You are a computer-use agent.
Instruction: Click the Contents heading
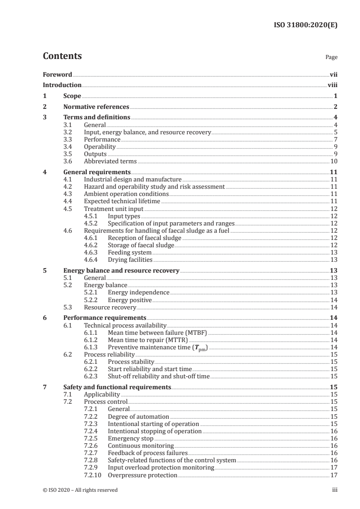62,56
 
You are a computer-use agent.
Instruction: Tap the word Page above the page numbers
331,58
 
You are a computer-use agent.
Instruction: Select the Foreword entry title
57,74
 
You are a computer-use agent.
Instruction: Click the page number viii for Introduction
332,85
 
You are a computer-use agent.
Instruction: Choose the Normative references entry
96,107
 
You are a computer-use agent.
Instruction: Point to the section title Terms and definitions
97,117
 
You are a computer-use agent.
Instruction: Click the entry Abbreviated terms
110,161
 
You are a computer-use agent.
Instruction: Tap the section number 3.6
68,161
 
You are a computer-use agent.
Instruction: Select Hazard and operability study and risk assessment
154,186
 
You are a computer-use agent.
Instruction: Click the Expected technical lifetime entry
122,201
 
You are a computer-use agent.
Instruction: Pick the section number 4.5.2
92,223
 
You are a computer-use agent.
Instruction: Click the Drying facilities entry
130,259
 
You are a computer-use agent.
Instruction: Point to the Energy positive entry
129,300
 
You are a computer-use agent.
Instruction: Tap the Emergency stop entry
131,439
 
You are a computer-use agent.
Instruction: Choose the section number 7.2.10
93,475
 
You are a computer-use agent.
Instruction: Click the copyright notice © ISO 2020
80,490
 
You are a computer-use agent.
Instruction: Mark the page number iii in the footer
335,490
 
